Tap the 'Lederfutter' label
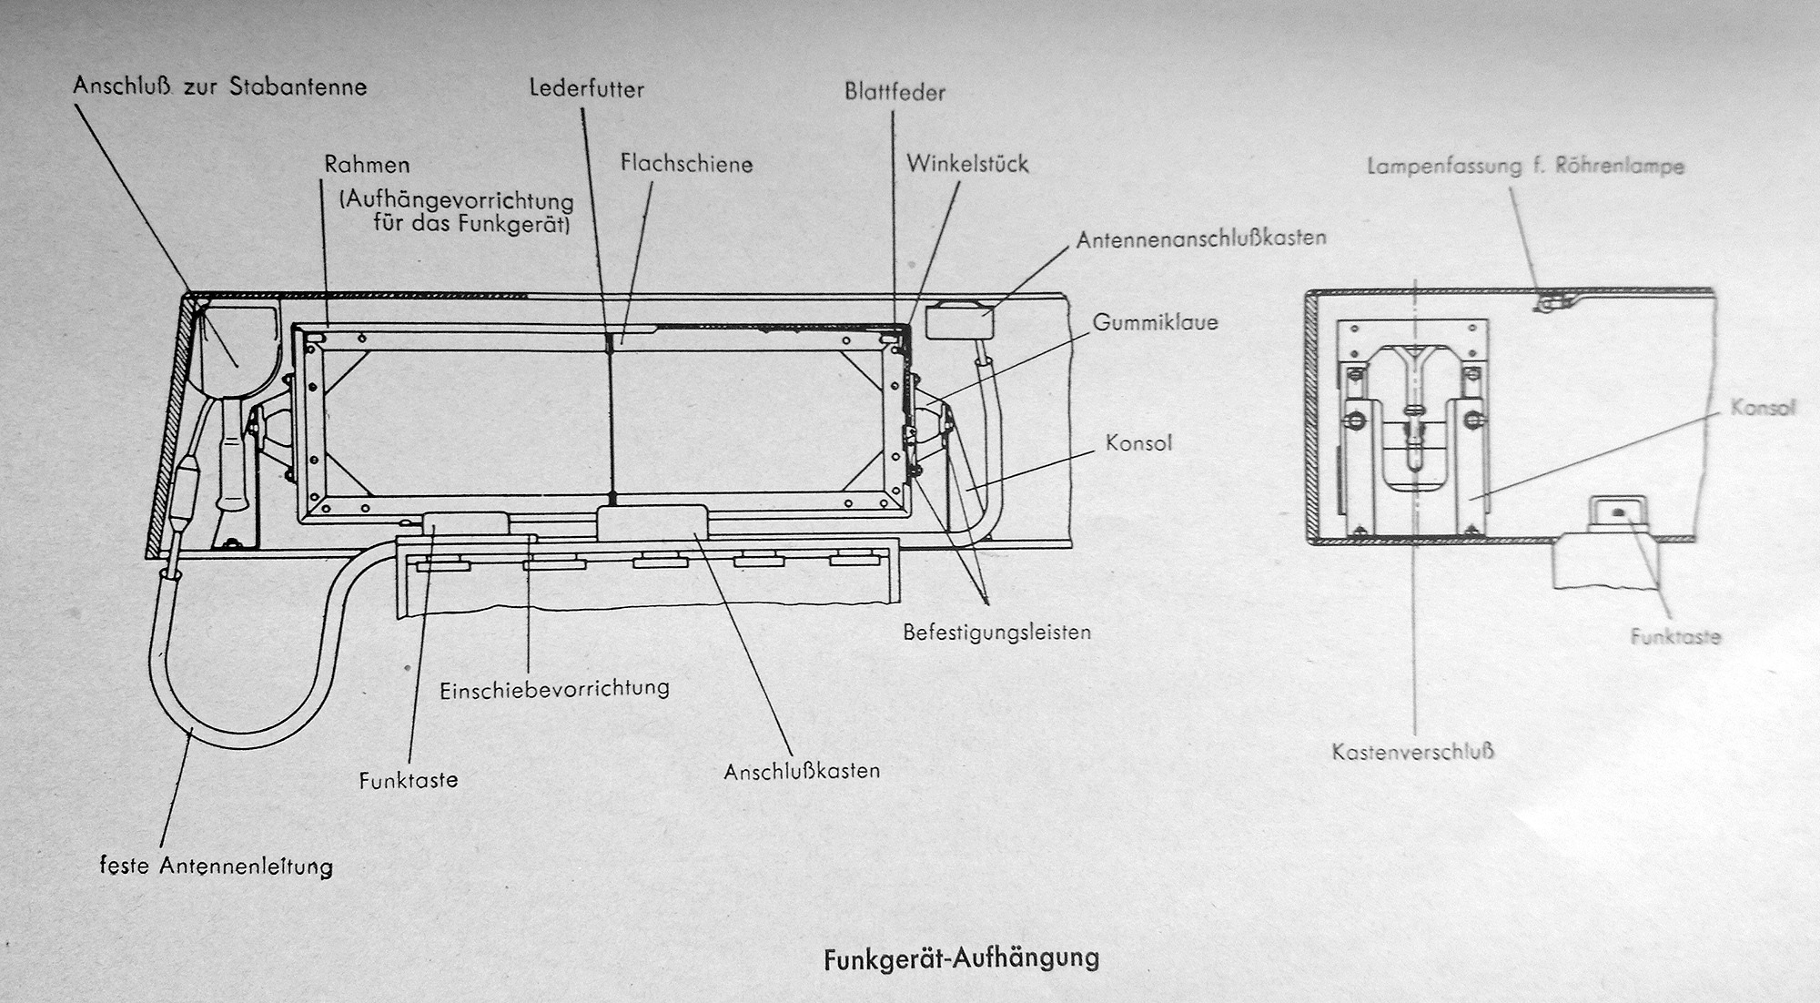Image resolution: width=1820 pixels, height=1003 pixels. tap(587, 89)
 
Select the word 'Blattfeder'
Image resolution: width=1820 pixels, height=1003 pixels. tap(895, 92)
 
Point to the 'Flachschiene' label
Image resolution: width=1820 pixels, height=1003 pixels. tap(687, 164)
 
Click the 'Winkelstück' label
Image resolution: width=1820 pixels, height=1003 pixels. tap(967, 164)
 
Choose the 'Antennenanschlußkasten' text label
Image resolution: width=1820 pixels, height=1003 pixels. tap(1201, 238)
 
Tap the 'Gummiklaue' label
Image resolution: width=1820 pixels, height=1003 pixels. tap(1155, 322)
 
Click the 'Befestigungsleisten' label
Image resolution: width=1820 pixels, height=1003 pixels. tap(996, 632)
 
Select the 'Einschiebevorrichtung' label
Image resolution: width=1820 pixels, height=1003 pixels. tap(554, 688)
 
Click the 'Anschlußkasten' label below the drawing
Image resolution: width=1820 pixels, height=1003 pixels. tap(802, 771)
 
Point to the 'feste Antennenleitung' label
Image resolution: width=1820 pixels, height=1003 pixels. tap(217, 866)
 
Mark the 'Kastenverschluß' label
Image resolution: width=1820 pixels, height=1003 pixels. tap(1413, 752)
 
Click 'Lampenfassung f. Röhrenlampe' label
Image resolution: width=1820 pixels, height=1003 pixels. tap(1525, 167)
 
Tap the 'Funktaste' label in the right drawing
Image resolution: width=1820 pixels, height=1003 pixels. tap(1675, 636)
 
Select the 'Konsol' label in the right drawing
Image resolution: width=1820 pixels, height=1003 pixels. tap(1763, 407)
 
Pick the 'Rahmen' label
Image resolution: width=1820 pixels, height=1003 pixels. tap(367, 166)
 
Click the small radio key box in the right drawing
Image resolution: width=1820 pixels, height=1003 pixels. tap(1619, 513)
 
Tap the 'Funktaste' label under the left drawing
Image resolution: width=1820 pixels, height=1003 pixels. tap(409, 780)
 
